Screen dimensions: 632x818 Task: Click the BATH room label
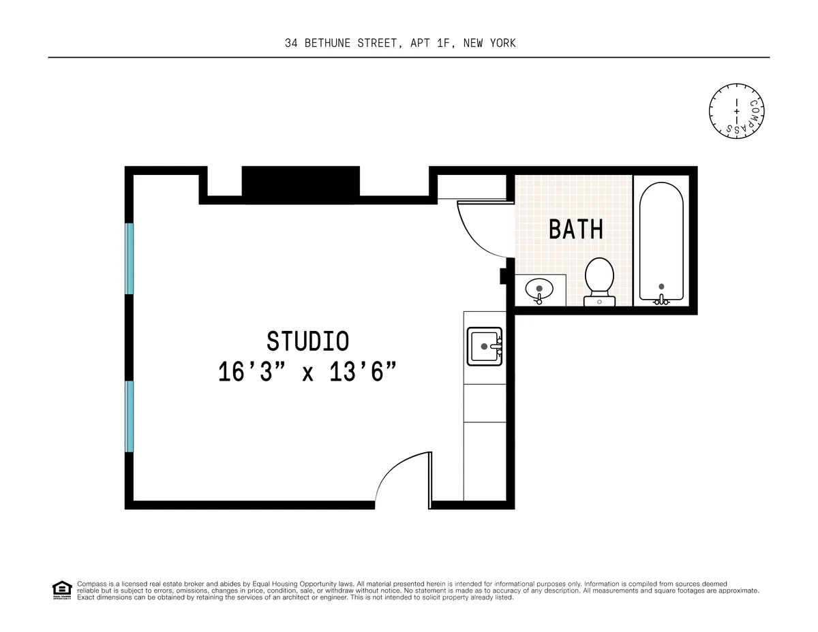[x=576, y=230]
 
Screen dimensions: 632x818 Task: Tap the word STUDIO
[x=307, y=341]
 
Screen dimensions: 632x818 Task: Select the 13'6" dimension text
[x=363, y=373]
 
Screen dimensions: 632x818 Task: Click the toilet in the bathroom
[x=599, y=279]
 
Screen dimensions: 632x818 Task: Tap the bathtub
[x=661, y=242]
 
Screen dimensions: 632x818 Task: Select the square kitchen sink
[x=484, y=346]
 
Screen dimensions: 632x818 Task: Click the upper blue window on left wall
[x=129, y=258]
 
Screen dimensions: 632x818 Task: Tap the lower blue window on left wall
[x=129, y=416]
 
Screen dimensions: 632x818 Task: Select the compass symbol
[x=736, y=110]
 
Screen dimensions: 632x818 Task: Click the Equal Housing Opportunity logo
[x=62, y=590]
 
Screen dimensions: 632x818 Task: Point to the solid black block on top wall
[x=301, y=184]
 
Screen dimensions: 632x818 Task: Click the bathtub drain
[x=661, y=287]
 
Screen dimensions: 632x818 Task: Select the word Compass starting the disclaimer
[x=90, y=584]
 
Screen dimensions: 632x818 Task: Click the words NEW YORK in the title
[x=489, y=43]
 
